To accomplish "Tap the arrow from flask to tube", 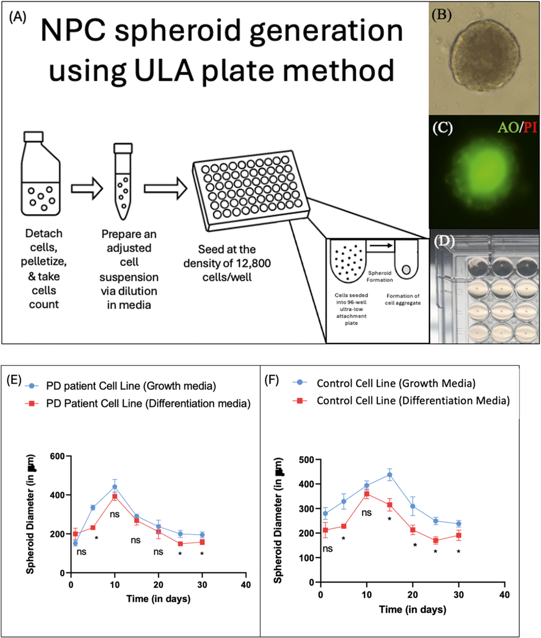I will coord(87,188).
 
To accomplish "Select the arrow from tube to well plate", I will coord(165,188).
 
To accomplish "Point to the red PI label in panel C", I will coord(530,127).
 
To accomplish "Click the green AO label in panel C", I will coord(508,127).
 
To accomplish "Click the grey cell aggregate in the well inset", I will coord(406,270).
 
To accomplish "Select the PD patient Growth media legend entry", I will coord(131,386).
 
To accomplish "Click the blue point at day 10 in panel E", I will coord(115,486).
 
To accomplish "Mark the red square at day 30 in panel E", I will coord(202,542).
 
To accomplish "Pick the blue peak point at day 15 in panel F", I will coord(389,475).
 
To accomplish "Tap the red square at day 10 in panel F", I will coord(367,494).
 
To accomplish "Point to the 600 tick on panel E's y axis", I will coord(57,456).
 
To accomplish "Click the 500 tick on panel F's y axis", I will coord(307,459).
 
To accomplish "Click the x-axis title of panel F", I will coord(413,609).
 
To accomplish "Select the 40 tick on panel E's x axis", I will coord(246,585).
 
